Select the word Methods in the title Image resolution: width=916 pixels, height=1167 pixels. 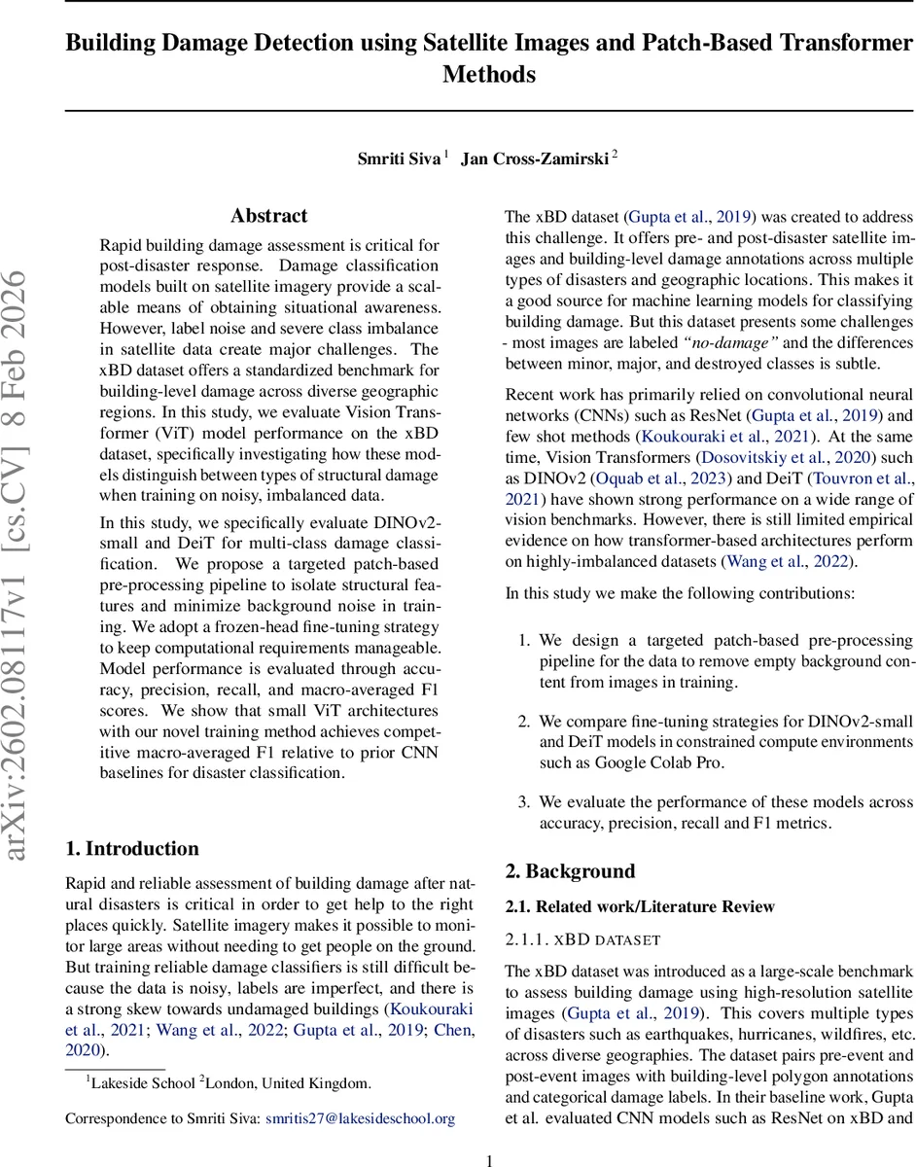click(489, 75)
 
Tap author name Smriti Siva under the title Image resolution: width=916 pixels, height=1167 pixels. click(399, 159)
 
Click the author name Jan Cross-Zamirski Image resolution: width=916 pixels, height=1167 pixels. click(535, 159)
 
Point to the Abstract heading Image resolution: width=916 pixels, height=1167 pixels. click(268, 216)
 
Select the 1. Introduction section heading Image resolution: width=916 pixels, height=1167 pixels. click(132, 849)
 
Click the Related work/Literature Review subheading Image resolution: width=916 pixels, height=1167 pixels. click(640, 906)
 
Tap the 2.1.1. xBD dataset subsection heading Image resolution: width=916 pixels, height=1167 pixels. click(582, 940)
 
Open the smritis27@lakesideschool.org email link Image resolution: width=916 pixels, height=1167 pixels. click(360, 1118)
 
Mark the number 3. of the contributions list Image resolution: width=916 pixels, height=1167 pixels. click(523, 802)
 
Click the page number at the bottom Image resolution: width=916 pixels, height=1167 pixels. click(490, 1159)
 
